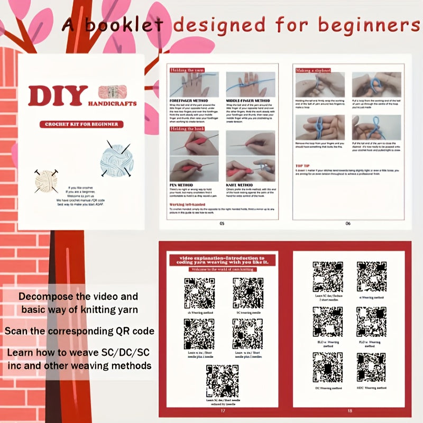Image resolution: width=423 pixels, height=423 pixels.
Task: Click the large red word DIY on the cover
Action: [58, 96]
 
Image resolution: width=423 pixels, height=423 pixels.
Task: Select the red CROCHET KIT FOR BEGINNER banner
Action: [81, 124]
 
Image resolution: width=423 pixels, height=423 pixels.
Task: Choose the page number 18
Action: [350, 410]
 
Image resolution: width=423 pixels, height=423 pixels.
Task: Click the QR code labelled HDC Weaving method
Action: [371, 367]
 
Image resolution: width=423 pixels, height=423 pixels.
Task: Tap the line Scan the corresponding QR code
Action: [79, 331]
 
